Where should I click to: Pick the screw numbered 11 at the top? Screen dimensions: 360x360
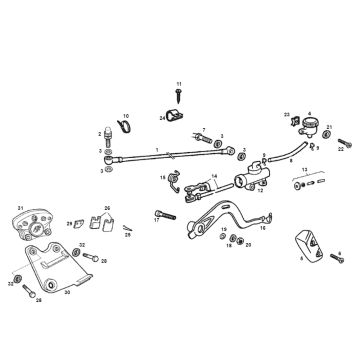coord(179,101)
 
